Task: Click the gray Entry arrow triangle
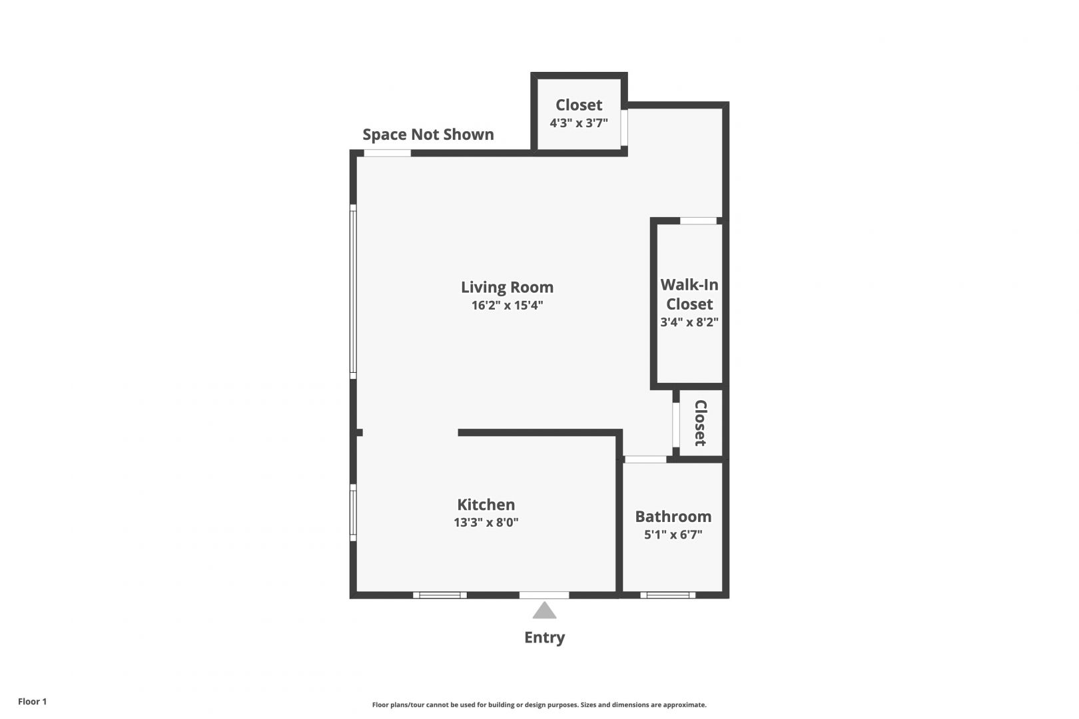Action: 544,610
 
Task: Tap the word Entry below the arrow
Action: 544,638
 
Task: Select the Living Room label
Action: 508,287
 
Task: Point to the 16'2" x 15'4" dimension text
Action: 508,306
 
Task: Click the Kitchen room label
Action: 486,504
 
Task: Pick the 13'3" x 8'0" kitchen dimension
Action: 486,523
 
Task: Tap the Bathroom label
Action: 673,516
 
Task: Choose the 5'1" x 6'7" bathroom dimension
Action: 673,535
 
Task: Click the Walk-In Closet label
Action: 689,294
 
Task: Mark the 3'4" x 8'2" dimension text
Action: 689,322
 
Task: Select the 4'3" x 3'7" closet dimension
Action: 579,122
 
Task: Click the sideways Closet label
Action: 701,423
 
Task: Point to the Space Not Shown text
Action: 428,134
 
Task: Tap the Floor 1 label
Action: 32,701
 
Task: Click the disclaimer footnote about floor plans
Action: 539,704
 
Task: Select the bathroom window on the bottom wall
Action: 667,595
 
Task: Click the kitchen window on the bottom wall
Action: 440,595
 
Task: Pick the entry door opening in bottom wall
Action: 544,595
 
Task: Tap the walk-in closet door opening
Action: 699,220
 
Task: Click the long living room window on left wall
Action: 353,292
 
